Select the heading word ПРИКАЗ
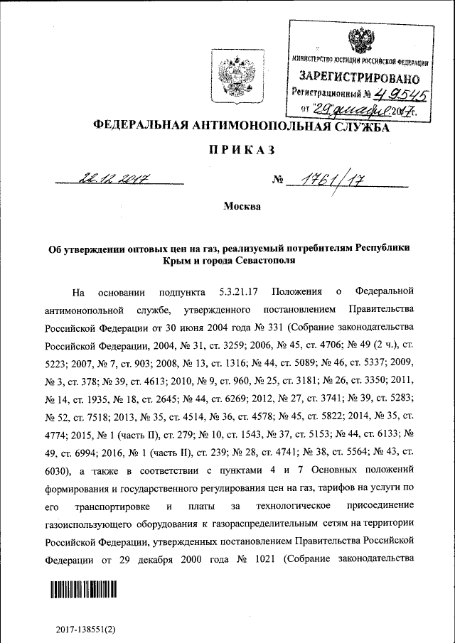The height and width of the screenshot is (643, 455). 241,150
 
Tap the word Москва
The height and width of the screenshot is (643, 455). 242,207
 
